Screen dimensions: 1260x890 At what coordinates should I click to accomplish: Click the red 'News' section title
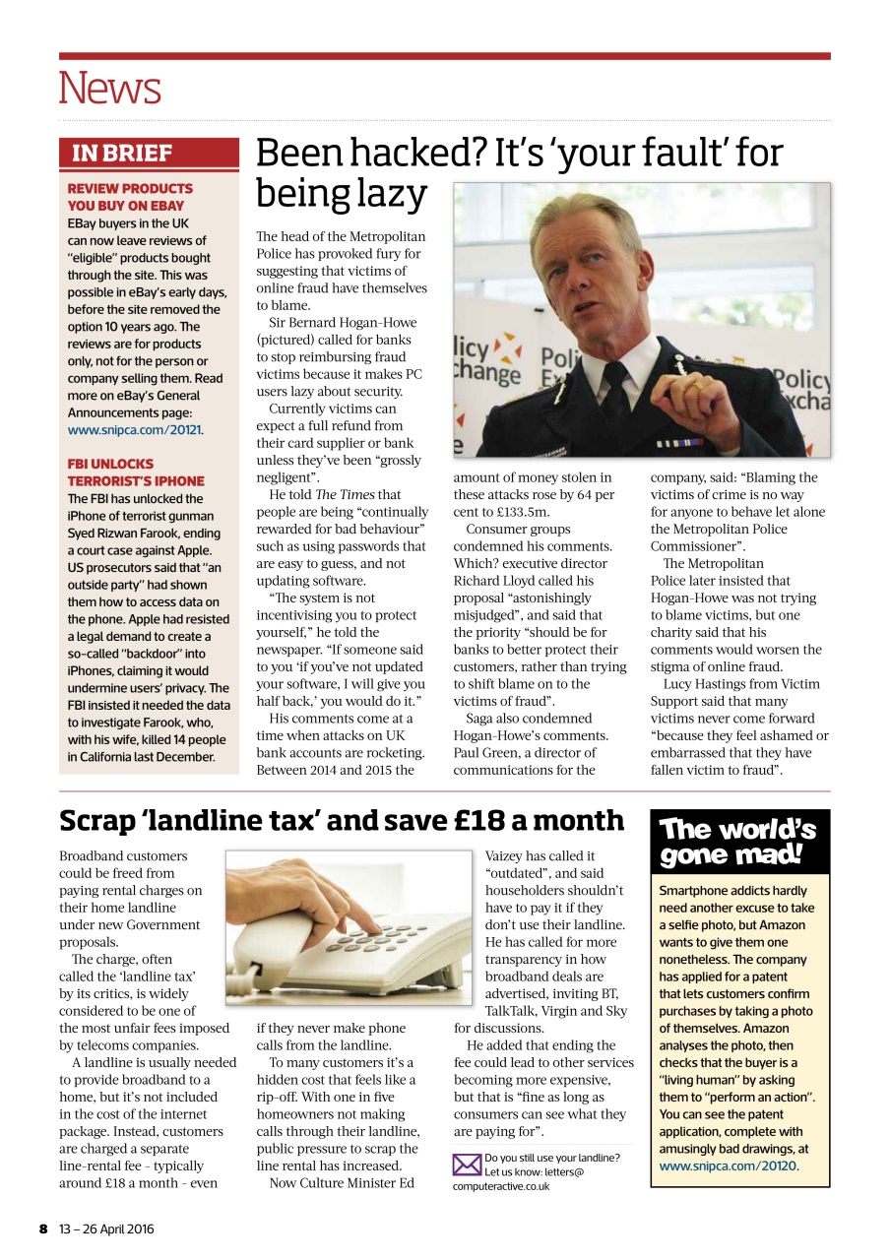109,89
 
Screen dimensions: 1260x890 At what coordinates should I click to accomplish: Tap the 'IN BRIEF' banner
122,154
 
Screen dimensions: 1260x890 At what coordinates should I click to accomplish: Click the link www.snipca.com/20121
135,430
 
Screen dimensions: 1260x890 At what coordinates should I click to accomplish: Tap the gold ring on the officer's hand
696,385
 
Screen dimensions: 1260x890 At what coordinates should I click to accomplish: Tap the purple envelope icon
467,1165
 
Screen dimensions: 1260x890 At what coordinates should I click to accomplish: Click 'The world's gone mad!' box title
738,843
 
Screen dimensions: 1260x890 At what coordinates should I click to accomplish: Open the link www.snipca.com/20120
728,1166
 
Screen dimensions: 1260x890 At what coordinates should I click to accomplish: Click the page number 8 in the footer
43,1228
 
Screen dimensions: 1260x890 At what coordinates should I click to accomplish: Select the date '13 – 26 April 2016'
105,1228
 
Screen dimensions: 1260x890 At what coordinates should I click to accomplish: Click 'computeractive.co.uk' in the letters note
502,1187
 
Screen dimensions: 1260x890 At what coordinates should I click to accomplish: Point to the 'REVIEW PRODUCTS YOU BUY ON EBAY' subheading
130,197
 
